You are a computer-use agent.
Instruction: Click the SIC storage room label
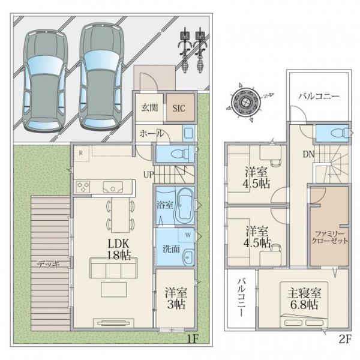click(x=179, y=108)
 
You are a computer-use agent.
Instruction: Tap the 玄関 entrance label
click(x=149, y=107)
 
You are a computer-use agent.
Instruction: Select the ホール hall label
click(x=152, y=133)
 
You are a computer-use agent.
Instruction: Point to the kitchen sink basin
click(x=113, y=187)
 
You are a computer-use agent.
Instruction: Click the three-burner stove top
click(x=83, y=187)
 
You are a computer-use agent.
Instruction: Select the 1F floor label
click(x=193, y=338)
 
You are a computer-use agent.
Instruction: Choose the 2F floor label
click(x=345, y=339)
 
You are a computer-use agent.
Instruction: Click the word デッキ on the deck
click(x=49, y=265)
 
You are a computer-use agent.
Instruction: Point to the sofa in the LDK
click(x=113, y=268)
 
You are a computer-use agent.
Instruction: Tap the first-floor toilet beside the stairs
click(x=181, y=154)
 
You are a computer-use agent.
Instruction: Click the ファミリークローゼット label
click(x=329, y=238)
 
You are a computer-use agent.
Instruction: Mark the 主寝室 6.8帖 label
click(x=304, y=299)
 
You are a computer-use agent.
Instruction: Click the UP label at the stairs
click(x=149, y=175)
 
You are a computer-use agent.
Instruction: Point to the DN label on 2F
click(x=308, y=154)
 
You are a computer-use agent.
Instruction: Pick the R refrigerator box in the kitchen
click(x=81, y=154)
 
